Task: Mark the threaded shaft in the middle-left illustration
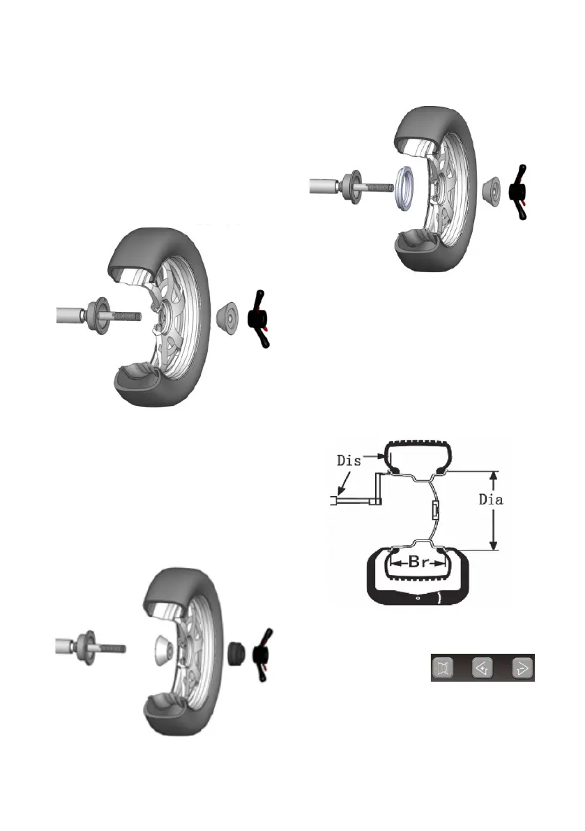126,315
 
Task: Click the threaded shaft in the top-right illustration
377,186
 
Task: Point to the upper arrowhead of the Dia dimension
494,474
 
